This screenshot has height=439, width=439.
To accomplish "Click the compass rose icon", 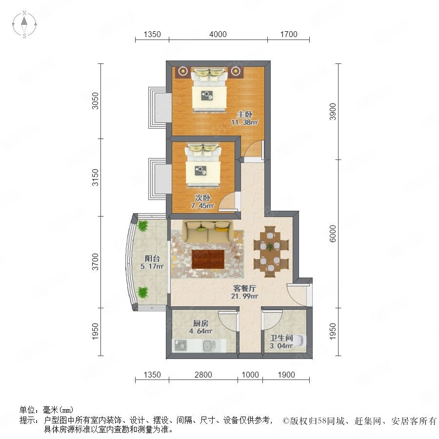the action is [24, 24].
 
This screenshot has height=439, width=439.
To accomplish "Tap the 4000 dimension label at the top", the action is [218, 35].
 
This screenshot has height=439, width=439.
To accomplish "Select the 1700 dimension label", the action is [289, 35].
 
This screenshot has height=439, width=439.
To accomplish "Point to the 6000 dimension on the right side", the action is [333, 234].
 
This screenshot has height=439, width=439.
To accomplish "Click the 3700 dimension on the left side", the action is [96, 262].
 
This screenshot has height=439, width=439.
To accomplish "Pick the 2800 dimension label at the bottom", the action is [203, 375].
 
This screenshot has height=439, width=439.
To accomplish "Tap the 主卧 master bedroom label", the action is [245, 114].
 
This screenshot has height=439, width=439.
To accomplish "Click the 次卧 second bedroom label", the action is [202, 198].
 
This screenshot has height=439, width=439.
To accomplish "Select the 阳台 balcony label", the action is [152, 258].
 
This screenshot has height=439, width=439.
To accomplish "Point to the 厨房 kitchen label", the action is [201, 323].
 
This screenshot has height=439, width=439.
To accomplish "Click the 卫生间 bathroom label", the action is [281, 338].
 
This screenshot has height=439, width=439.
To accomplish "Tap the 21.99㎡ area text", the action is [244, 296].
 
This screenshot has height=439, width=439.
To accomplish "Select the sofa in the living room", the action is [207, 232].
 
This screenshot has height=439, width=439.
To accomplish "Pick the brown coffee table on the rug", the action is [208, 259].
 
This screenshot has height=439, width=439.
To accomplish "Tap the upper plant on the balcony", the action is [143, 225].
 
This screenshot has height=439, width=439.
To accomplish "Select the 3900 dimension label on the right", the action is [333, 111].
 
